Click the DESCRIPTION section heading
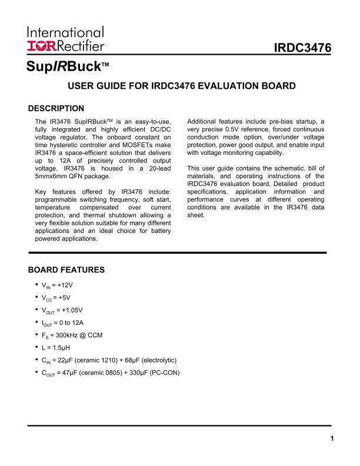(x=56, y=108)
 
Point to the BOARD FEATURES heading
(x=66, y=270)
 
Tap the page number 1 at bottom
(x=332, y=438)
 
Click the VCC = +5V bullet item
(x=58, y=298)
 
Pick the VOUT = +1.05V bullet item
(x=62, y=310)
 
